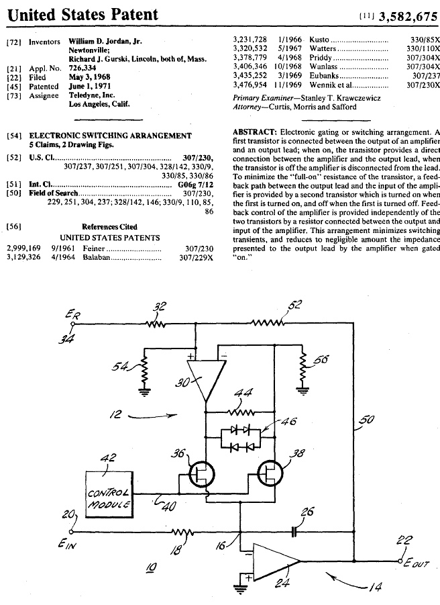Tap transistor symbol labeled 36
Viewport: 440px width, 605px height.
[201, 474]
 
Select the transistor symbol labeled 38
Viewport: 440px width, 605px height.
[270, 474]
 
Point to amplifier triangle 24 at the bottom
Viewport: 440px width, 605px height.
[276, 561]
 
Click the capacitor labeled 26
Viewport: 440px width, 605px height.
[294, 532]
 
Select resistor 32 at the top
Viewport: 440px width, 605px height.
[156, 324]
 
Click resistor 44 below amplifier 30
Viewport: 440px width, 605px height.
[241, 412]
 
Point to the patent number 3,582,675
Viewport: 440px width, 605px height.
[408, 16]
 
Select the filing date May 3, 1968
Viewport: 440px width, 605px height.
[89, 77]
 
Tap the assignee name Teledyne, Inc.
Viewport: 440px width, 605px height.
[92, 95]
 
